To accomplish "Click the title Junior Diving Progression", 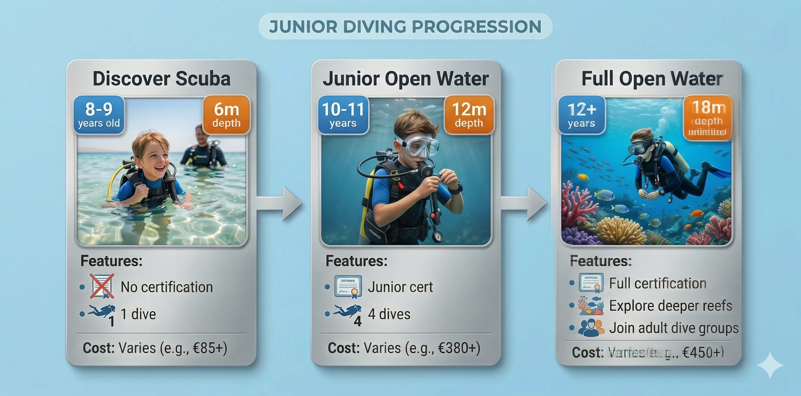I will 405,26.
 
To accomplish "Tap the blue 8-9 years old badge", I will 99,115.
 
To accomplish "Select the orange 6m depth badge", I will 226,115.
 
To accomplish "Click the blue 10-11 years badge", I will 343,115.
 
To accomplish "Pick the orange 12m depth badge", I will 469,115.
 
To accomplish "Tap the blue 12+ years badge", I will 581,115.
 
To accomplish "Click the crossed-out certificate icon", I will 102,286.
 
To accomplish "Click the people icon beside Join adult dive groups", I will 591,328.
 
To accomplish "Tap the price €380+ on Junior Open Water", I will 459,348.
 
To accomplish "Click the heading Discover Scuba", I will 161,79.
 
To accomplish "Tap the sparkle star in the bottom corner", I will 770,365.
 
